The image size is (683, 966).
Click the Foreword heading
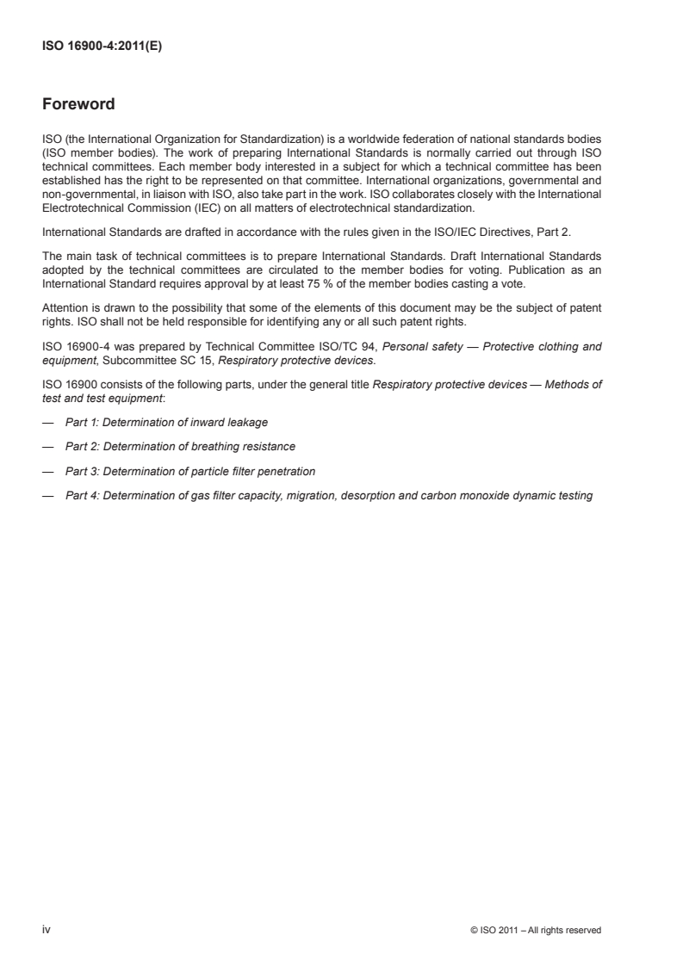pyautogui.click(x=78, y=105)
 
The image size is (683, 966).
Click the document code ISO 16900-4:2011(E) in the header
pyautogui.click(x=102, y=48)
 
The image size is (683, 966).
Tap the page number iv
pyautogui.click(x=47, y=930)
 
